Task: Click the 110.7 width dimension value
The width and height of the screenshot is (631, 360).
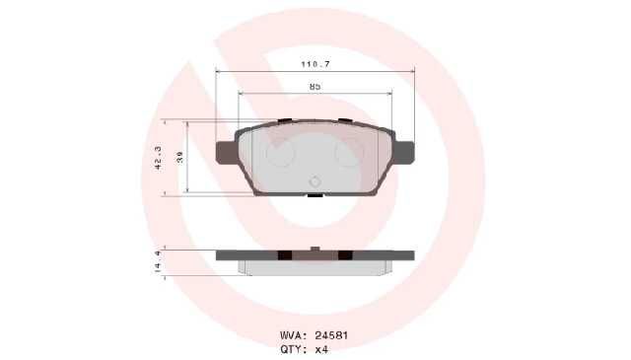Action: tap(315, 64)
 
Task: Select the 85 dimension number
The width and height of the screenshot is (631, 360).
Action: tap(315, 86)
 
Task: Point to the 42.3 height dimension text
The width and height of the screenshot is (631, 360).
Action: tap(158, 158)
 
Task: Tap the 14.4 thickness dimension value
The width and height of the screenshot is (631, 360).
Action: tap(158, 261)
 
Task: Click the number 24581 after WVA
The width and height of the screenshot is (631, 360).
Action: tap(331, 335)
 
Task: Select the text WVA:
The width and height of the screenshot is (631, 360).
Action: tap(294, 335)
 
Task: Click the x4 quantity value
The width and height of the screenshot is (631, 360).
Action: tap(321, 349)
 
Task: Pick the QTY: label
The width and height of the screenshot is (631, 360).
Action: tap(294, 349)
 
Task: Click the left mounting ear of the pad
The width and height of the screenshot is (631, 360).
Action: tap(226, 153)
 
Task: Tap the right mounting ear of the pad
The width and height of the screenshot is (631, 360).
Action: tap(403, 153)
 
